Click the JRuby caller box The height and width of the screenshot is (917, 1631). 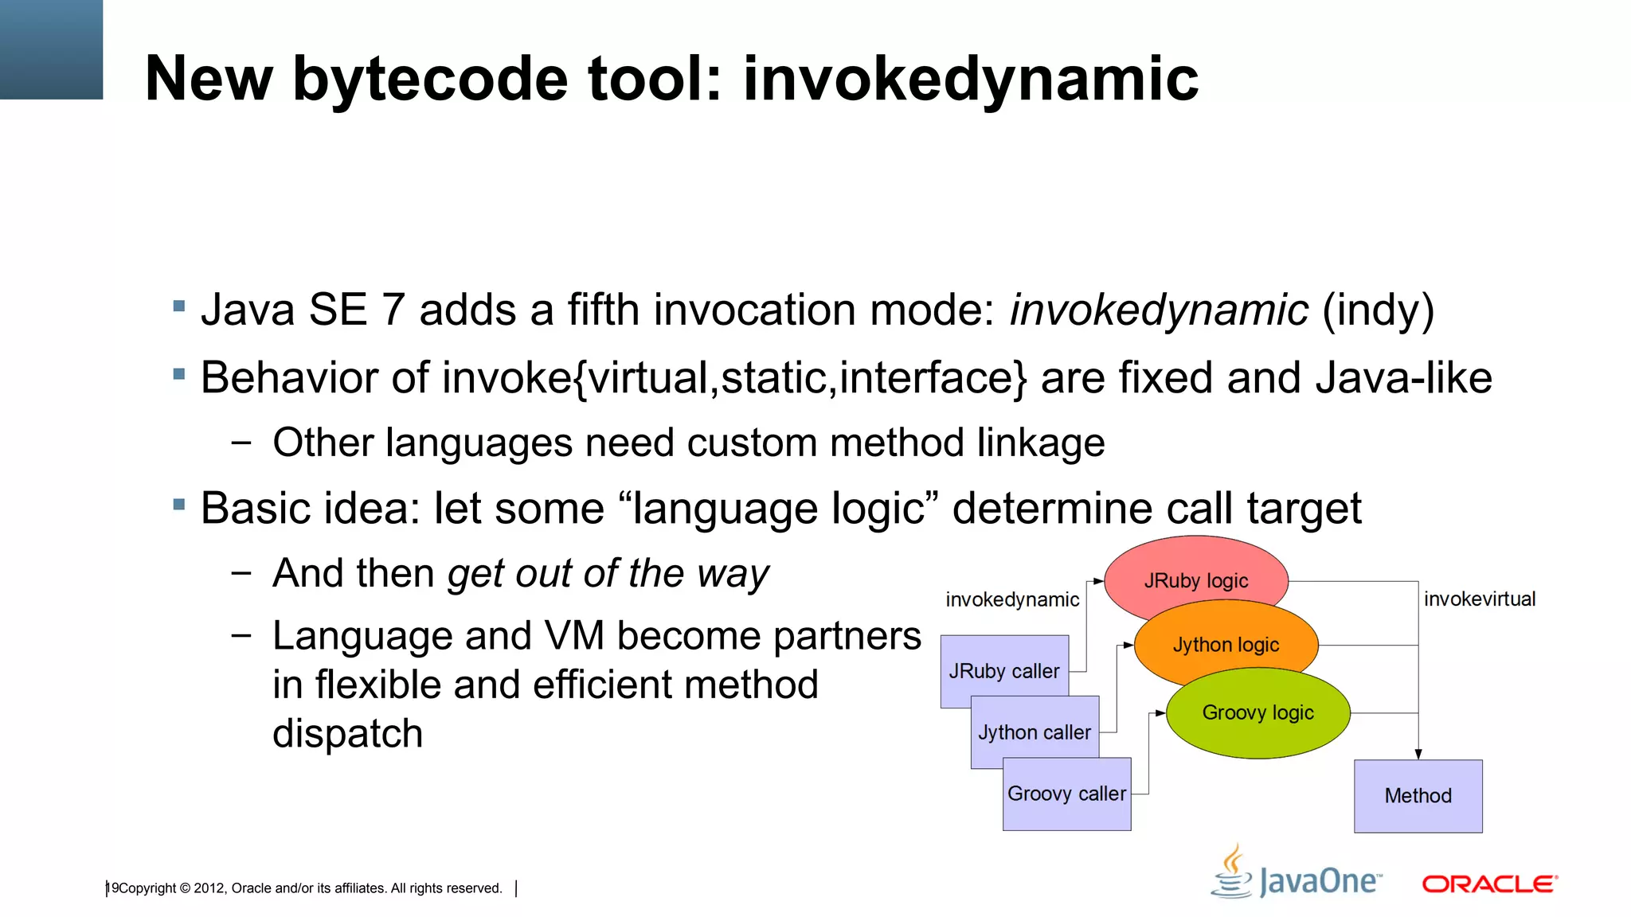coord(1003,670)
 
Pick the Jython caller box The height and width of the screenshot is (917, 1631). coord(1034,732)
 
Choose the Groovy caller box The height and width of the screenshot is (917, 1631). coord(1066,794)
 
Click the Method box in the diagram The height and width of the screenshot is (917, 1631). coord(1418,795)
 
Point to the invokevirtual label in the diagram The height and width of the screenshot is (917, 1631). coord(1479,599)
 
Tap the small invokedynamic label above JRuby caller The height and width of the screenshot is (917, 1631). coord(1011,599)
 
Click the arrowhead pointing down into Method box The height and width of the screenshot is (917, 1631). coord(1418,754)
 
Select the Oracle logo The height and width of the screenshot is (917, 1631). coord(1489,884)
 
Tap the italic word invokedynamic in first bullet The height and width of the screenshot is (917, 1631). coord(1158,310)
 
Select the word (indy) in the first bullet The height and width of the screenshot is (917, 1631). coord(1378,310)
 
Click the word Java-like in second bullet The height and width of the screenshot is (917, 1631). coord(1403,377)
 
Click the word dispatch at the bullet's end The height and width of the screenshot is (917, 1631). coord(347,733)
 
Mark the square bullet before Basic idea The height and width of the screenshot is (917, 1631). coord(179,504)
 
